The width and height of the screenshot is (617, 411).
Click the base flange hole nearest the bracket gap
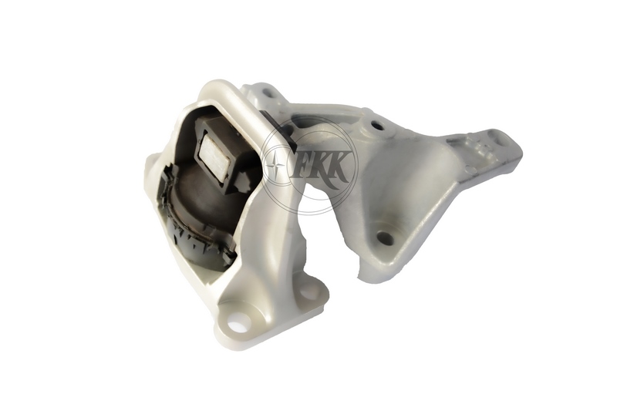308,291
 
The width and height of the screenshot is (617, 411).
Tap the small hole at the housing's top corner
266,94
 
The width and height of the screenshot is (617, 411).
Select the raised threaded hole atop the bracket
377,125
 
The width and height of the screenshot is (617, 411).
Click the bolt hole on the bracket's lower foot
385,238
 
